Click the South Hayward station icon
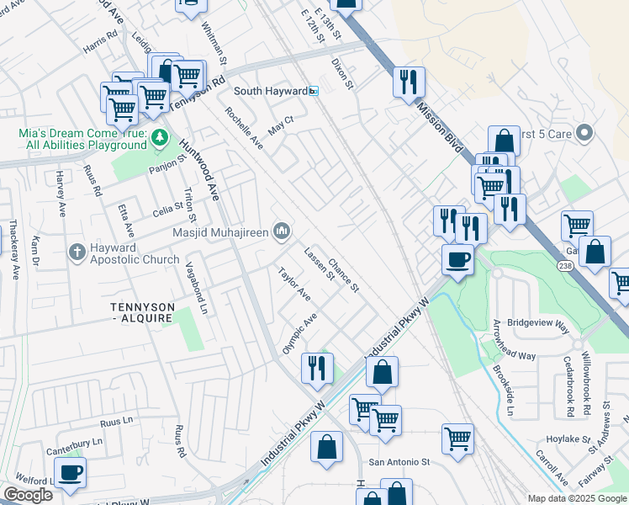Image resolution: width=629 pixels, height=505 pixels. (x=314, y=91)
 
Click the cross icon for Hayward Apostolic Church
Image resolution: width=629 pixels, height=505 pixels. (x=77, y=252)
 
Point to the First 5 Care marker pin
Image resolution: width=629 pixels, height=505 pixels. (x=586, y=133)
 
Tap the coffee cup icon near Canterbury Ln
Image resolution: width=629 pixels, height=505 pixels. (x=71, y=472)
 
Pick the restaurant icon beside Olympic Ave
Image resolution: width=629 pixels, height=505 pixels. (x=317, y=368)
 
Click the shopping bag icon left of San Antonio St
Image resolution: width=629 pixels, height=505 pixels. (x=326, y=447)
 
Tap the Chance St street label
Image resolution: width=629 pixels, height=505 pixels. (x=344, y=275)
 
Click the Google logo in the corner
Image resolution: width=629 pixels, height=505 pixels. (x=28, y=495)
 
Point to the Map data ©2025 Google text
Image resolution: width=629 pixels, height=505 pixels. (x=576, y=498)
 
